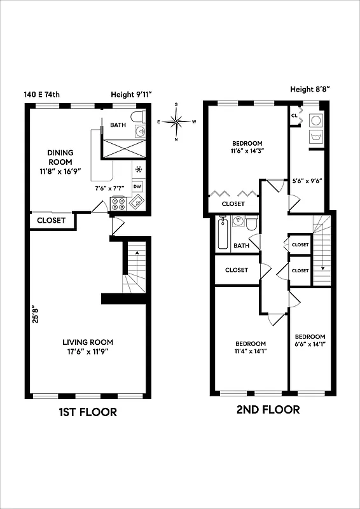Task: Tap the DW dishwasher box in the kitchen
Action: click(x=137, y=186)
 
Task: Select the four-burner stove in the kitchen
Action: click(x=118, y=203)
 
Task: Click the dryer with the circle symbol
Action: click(x=314, y=120)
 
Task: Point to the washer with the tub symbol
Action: click(x=314, y=136)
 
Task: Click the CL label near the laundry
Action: click(x=294, y=116)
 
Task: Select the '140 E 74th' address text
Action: click(x=43, y=95)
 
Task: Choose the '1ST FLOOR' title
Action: click(x=88, y=412)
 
